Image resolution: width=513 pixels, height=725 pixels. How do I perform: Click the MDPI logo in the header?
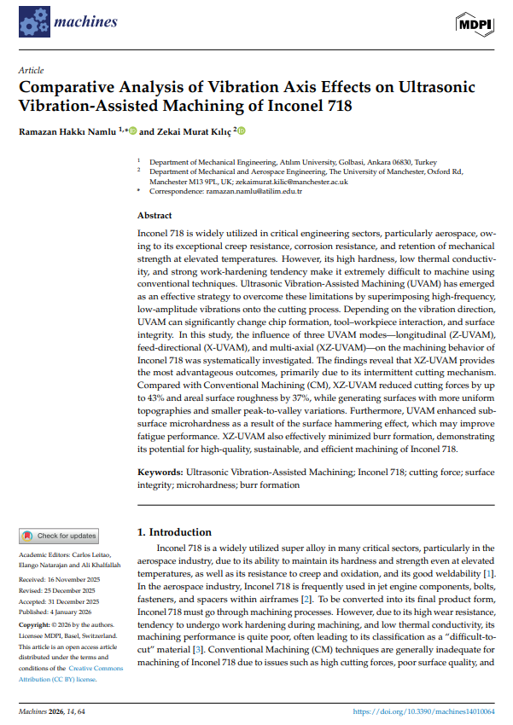475,26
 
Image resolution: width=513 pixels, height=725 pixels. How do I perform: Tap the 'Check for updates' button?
59,536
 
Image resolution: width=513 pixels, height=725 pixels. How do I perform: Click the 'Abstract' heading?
154,216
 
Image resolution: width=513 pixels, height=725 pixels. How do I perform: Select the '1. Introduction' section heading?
174,532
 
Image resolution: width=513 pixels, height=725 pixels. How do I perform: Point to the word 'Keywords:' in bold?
160,472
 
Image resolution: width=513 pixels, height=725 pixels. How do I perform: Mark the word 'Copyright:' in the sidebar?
33,625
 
